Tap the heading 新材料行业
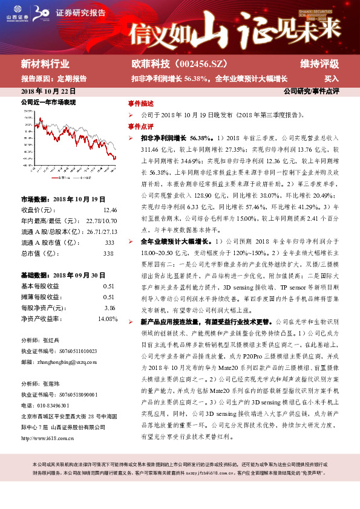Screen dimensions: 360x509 (45, 64)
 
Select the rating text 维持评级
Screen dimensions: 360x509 (319, 64)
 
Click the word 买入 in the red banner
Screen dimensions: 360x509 (332, 79)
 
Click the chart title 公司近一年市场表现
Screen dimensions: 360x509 (48, 103)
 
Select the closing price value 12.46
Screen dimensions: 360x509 (110, 210)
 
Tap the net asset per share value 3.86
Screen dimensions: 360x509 (110, 308)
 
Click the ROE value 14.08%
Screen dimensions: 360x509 (107, 319)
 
